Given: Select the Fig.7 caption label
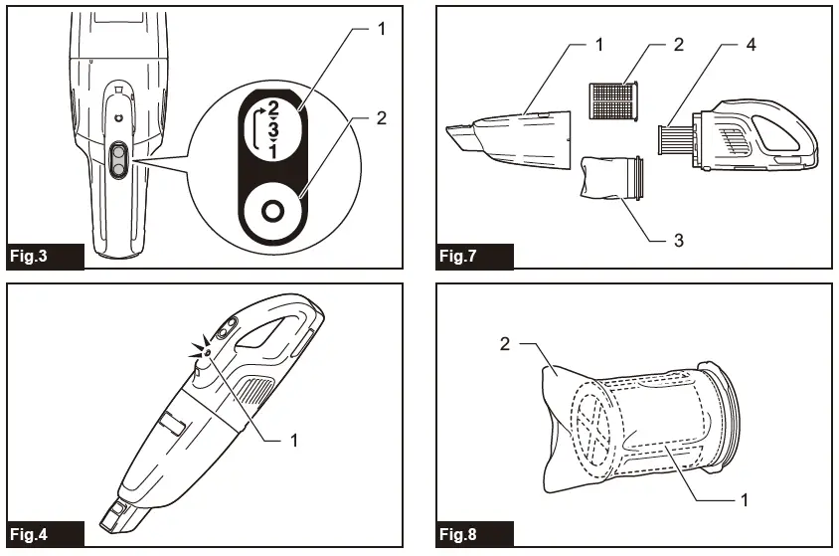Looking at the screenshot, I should click(x=458, y=257).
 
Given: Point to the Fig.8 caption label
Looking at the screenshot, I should click(x=458, y=534).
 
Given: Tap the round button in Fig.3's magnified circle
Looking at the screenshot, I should click(x=269, y=211).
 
